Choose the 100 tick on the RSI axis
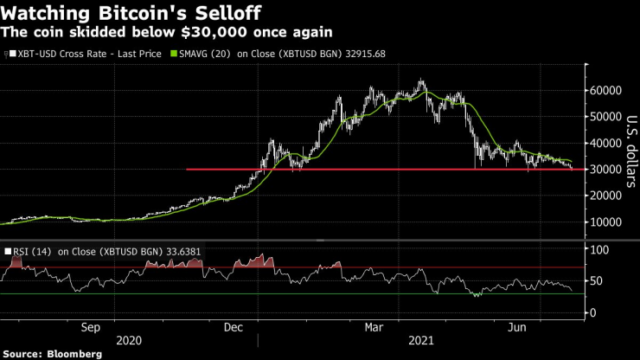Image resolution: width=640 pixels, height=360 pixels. [x=599, y=250]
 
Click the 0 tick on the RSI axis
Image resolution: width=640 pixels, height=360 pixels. [x=593, y=312]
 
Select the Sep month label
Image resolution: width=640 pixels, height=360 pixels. [x=92, y=328]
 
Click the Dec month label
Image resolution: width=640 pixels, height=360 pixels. [x=233, y=328]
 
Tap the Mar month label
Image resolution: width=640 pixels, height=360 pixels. [x=374, y=328]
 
